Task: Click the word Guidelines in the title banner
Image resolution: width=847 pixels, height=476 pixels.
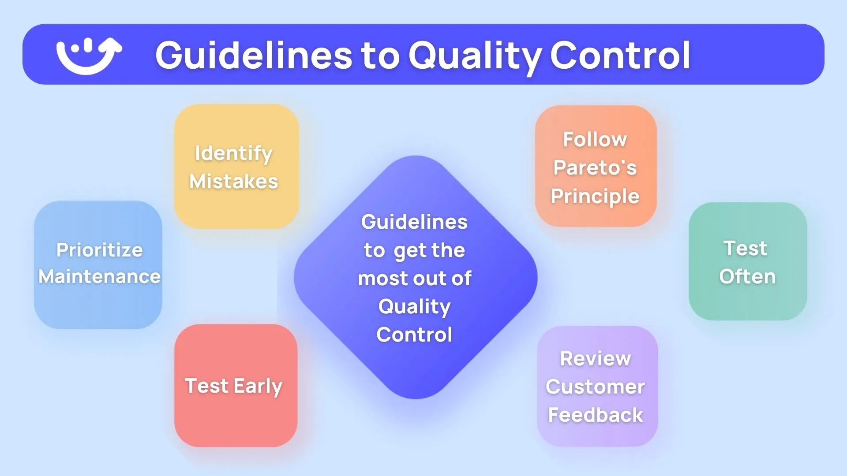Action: click(x=254, y=56)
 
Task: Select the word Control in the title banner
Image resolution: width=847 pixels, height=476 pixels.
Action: click(x=620, y=56)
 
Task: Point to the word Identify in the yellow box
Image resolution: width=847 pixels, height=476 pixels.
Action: click(x=233, y=154)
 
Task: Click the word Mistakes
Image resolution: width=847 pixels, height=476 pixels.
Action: click(x=234, y=182)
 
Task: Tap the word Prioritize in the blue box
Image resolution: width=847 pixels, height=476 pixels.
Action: click(x=100, y=250)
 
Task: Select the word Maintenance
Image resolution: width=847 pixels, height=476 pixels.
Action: click(x=100, y=277)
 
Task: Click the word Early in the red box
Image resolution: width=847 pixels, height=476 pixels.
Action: click(x=258, y=387)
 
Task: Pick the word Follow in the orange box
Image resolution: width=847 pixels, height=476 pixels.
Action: click(x=595, y=140)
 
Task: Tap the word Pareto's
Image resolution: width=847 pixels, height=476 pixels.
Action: click(x=595, y=168)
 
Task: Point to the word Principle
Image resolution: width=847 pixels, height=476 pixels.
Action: click(x=595, y=197)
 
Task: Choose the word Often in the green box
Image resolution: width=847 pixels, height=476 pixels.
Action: click(x=747, y=277)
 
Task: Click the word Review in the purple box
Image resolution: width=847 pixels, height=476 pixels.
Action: click(x=596, y=359)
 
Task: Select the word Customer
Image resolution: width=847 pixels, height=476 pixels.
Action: click(x=596, y=387)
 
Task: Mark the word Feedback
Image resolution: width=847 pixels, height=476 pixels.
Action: click(x=596, y=415)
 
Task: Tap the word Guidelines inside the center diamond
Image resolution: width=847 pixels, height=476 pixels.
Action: click(x=414, y=222)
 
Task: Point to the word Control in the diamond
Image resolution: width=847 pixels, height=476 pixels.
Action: click(x=414, y=335)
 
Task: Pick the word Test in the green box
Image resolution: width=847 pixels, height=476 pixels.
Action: click(x=746, y=249)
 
